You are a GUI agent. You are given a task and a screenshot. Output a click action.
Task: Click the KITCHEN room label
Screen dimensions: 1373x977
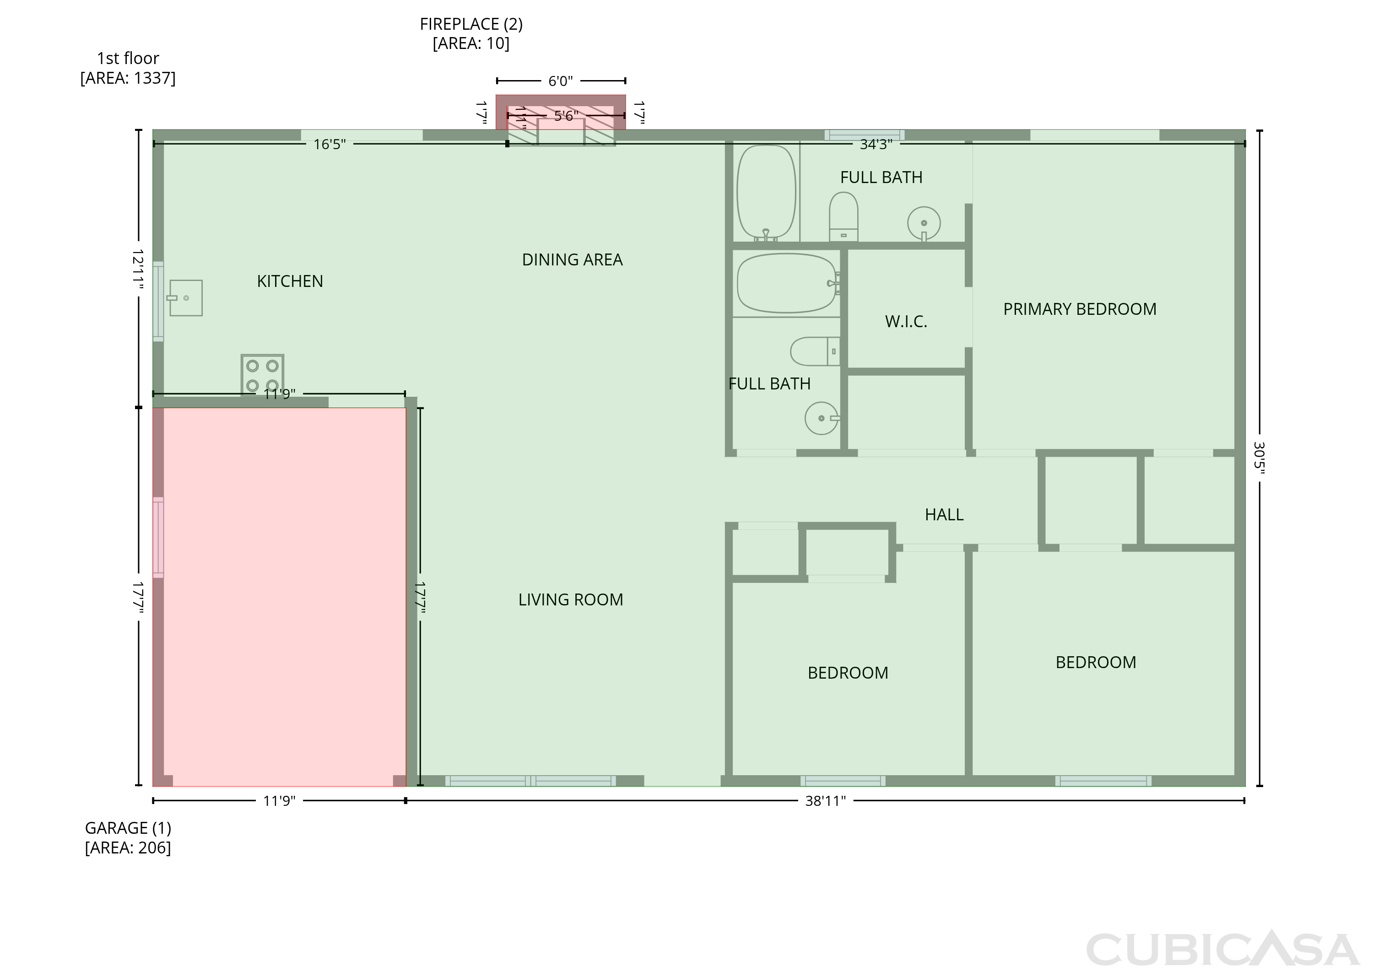[x=290, y=281]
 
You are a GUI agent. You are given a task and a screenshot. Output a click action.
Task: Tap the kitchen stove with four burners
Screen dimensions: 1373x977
[x=262, y=375]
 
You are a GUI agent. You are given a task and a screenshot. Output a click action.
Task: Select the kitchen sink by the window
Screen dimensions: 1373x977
[x=185, y=298]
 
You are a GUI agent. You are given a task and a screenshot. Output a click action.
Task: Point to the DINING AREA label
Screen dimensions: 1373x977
[x=572, y=260]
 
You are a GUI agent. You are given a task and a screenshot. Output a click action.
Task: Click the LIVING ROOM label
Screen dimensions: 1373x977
[x=570, y=600]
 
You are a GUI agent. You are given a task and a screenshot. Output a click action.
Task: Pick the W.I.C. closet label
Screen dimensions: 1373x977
[x=906, y=321]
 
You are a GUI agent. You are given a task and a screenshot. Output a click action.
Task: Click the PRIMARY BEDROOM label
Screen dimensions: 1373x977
[x=1079, y=309]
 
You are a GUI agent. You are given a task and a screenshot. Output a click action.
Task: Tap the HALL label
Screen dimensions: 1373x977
[x=944, y=514]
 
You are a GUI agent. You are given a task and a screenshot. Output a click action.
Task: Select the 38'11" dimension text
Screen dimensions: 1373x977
[x=826, y=801]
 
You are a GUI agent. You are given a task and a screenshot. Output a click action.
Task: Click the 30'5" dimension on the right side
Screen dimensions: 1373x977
[x=1259, y=458]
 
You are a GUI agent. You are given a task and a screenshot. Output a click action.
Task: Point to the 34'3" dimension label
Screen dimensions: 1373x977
[x=876, y=145]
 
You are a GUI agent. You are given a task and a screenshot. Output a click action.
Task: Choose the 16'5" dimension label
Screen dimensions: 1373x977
[x=330, y=145]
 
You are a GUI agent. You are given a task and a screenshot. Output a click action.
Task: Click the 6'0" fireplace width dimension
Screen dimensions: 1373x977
[x=561, y=81]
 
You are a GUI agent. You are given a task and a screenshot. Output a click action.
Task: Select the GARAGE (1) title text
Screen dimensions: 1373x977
[x=128, y=828]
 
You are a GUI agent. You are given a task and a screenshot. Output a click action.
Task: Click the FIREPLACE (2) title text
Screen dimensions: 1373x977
[x=471, y=24]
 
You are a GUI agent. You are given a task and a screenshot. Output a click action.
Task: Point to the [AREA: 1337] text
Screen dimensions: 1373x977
[x=128, y=78]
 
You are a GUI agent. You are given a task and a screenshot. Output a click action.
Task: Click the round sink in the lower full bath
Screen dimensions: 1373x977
[x=821, y=418]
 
